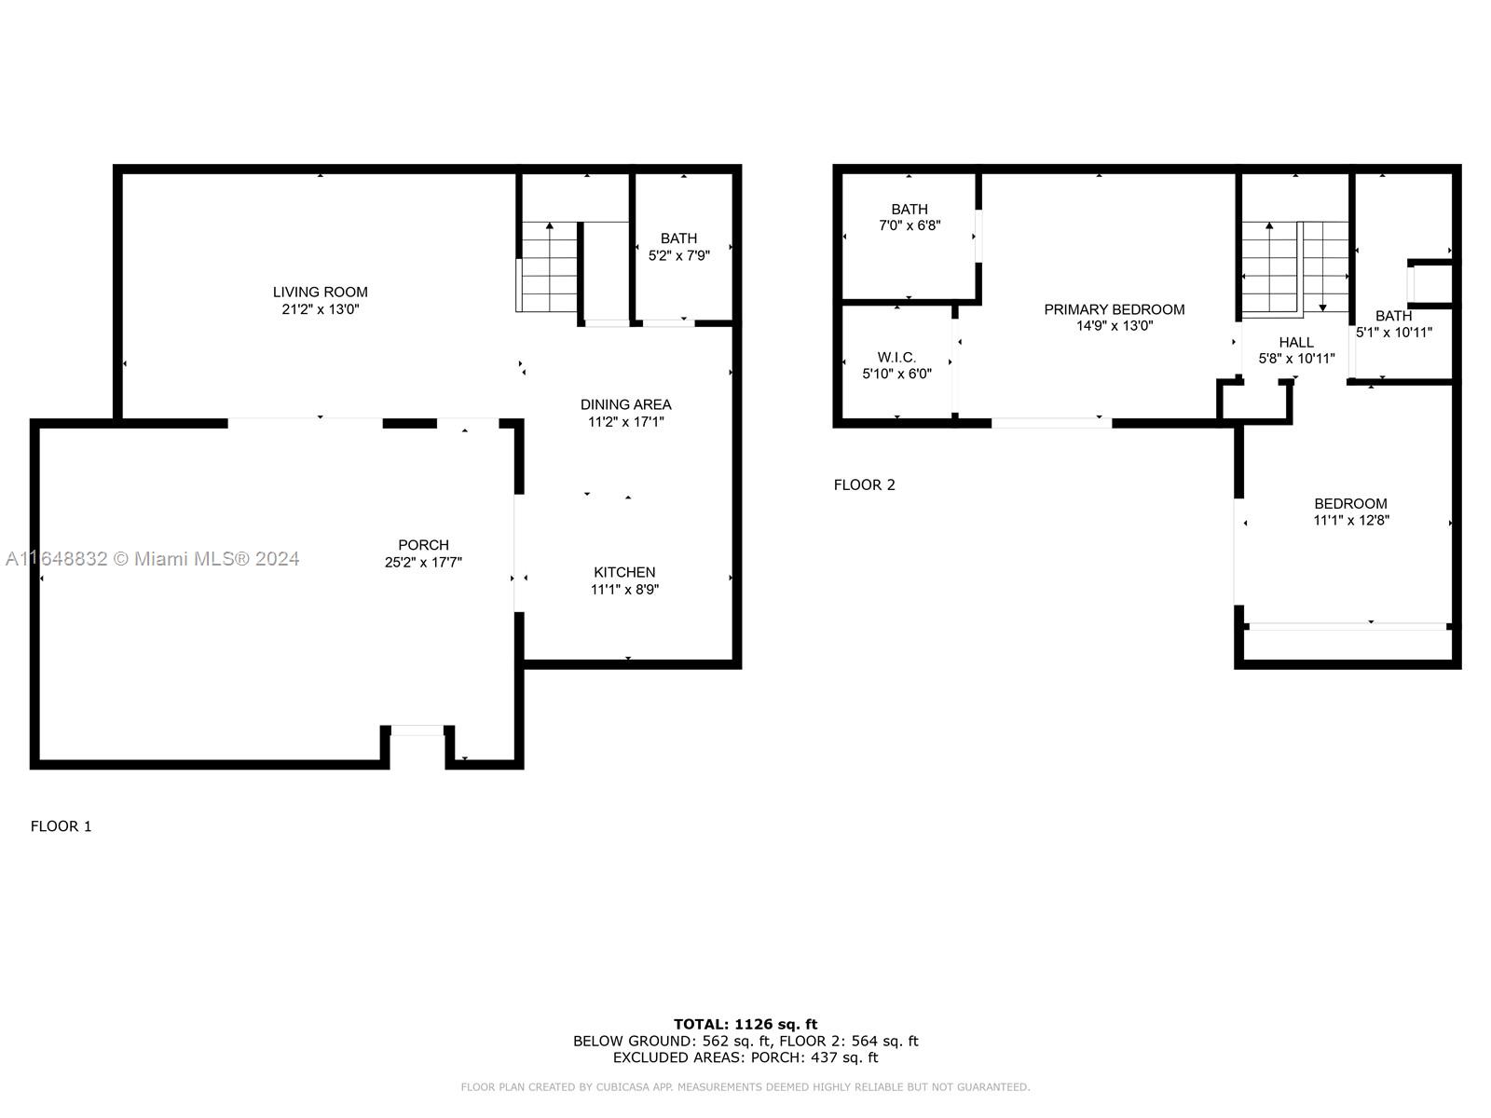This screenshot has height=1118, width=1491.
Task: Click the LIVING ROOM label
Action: pos(320,292)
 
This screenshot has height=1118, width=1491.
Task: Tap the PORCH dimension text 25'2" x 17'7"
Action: pos(423,562)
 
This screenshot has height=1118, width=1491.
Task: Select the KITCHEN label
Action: pos(624,572)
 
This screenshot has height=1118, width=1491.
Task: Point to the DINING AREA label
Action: pos(625,404)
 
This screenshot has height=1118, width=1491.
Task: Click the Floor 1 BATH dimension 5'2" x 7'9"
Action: pos(678,255)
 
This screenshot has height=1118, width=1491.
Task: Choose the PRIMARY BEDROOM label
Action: pos(1114,309)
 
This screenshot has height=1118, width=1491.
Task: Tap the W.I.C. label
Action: pos(896,357)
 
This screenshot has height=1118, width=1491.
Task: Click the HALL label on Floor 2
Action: pos(1296,342)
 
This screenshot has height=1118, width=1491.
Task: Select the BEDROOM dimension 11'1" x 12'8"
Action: pos(1351,520)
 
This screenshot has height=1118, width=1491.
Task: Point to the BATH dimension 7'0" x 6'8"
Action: pos(910,225)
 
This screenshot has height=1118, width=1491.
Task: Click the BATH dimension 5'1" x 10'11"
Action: pos(1394,332)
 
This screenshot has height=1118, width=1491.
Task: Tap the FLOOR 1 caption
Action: pos(62,826)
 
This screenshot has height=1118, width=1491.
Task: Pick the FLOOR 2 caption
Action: pos(864,484)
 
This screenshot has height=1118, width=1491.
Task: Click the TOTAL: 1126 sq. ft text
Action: pos(745,1024)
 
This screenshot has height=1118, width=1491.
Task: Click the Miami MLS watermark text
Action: pos(152,559)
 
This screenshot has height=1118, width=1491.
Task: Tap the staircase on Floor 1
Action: pos(547,266)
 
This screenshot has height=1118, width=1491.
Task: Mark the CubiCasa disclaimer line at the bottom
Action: pos(745,1087)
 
